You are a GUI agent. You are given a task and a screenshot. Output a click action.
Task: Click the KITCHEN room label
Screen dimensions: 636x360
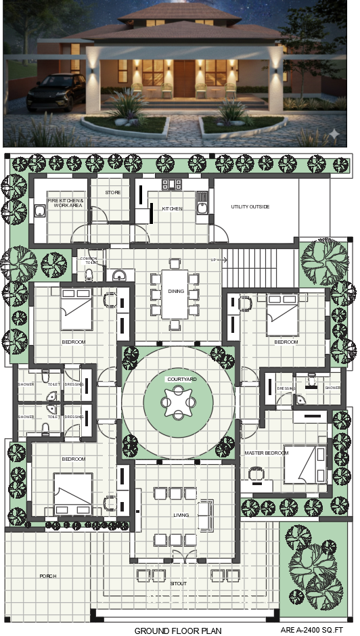point(172,208)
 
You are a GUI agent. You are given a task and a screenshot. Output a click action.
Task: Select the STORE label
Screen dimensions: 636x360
point(113,193)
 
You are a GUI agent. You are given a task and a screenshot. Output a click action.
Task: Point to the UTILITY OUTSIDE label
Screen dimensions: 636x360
point(250,206)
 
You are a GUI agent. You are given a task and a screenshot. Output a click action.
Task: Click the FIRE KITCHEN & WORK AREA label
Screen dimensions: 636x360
point(65,203)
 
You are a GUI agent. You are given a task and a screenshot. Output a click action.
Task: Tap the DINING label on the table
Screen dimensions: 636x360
point(176,292)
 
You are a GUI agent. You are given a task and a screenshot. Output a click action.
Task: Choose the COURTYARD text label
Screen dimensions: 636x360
point(181,380)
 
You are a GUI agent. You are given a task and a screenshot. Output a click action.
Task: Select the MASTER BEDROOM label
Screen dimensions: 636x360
point(266,453)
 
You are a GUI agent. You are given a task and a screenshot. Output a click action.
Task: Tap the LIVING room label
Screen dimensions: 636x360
point(181,516)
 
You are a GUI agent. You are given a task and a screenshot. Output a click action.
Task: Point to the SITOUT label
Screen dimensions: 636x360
point(179,583)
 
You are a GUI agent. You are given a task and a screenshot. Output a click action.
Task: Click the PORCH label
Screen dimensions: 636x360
point(48,576)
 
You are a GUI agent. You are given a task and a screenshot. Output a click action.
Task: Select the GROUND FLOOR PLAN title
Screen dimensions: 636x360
point(178,631)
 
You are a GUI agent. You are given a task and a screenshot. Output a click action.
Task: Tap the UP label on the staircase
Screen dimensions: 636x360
point(214,260)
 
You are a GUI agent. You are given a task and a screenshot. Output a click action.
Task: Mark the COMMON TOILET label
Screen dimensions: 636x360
point(89,260)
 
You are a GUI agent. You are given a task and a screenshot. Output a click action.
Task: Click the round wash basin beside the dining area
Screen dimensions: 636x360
point(120,275)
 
